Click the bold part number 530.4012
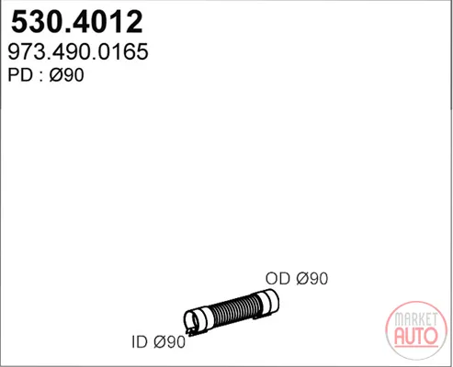coord(77,22)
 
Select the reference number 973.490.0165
coord(78,51)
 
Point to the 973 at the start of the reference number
coord(26,51)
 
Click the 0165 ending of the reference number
coord(125,51)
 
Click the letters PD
coord(20,75)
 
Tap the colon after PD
coord(41,76)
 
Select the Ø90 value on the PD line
coord(66,75)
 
